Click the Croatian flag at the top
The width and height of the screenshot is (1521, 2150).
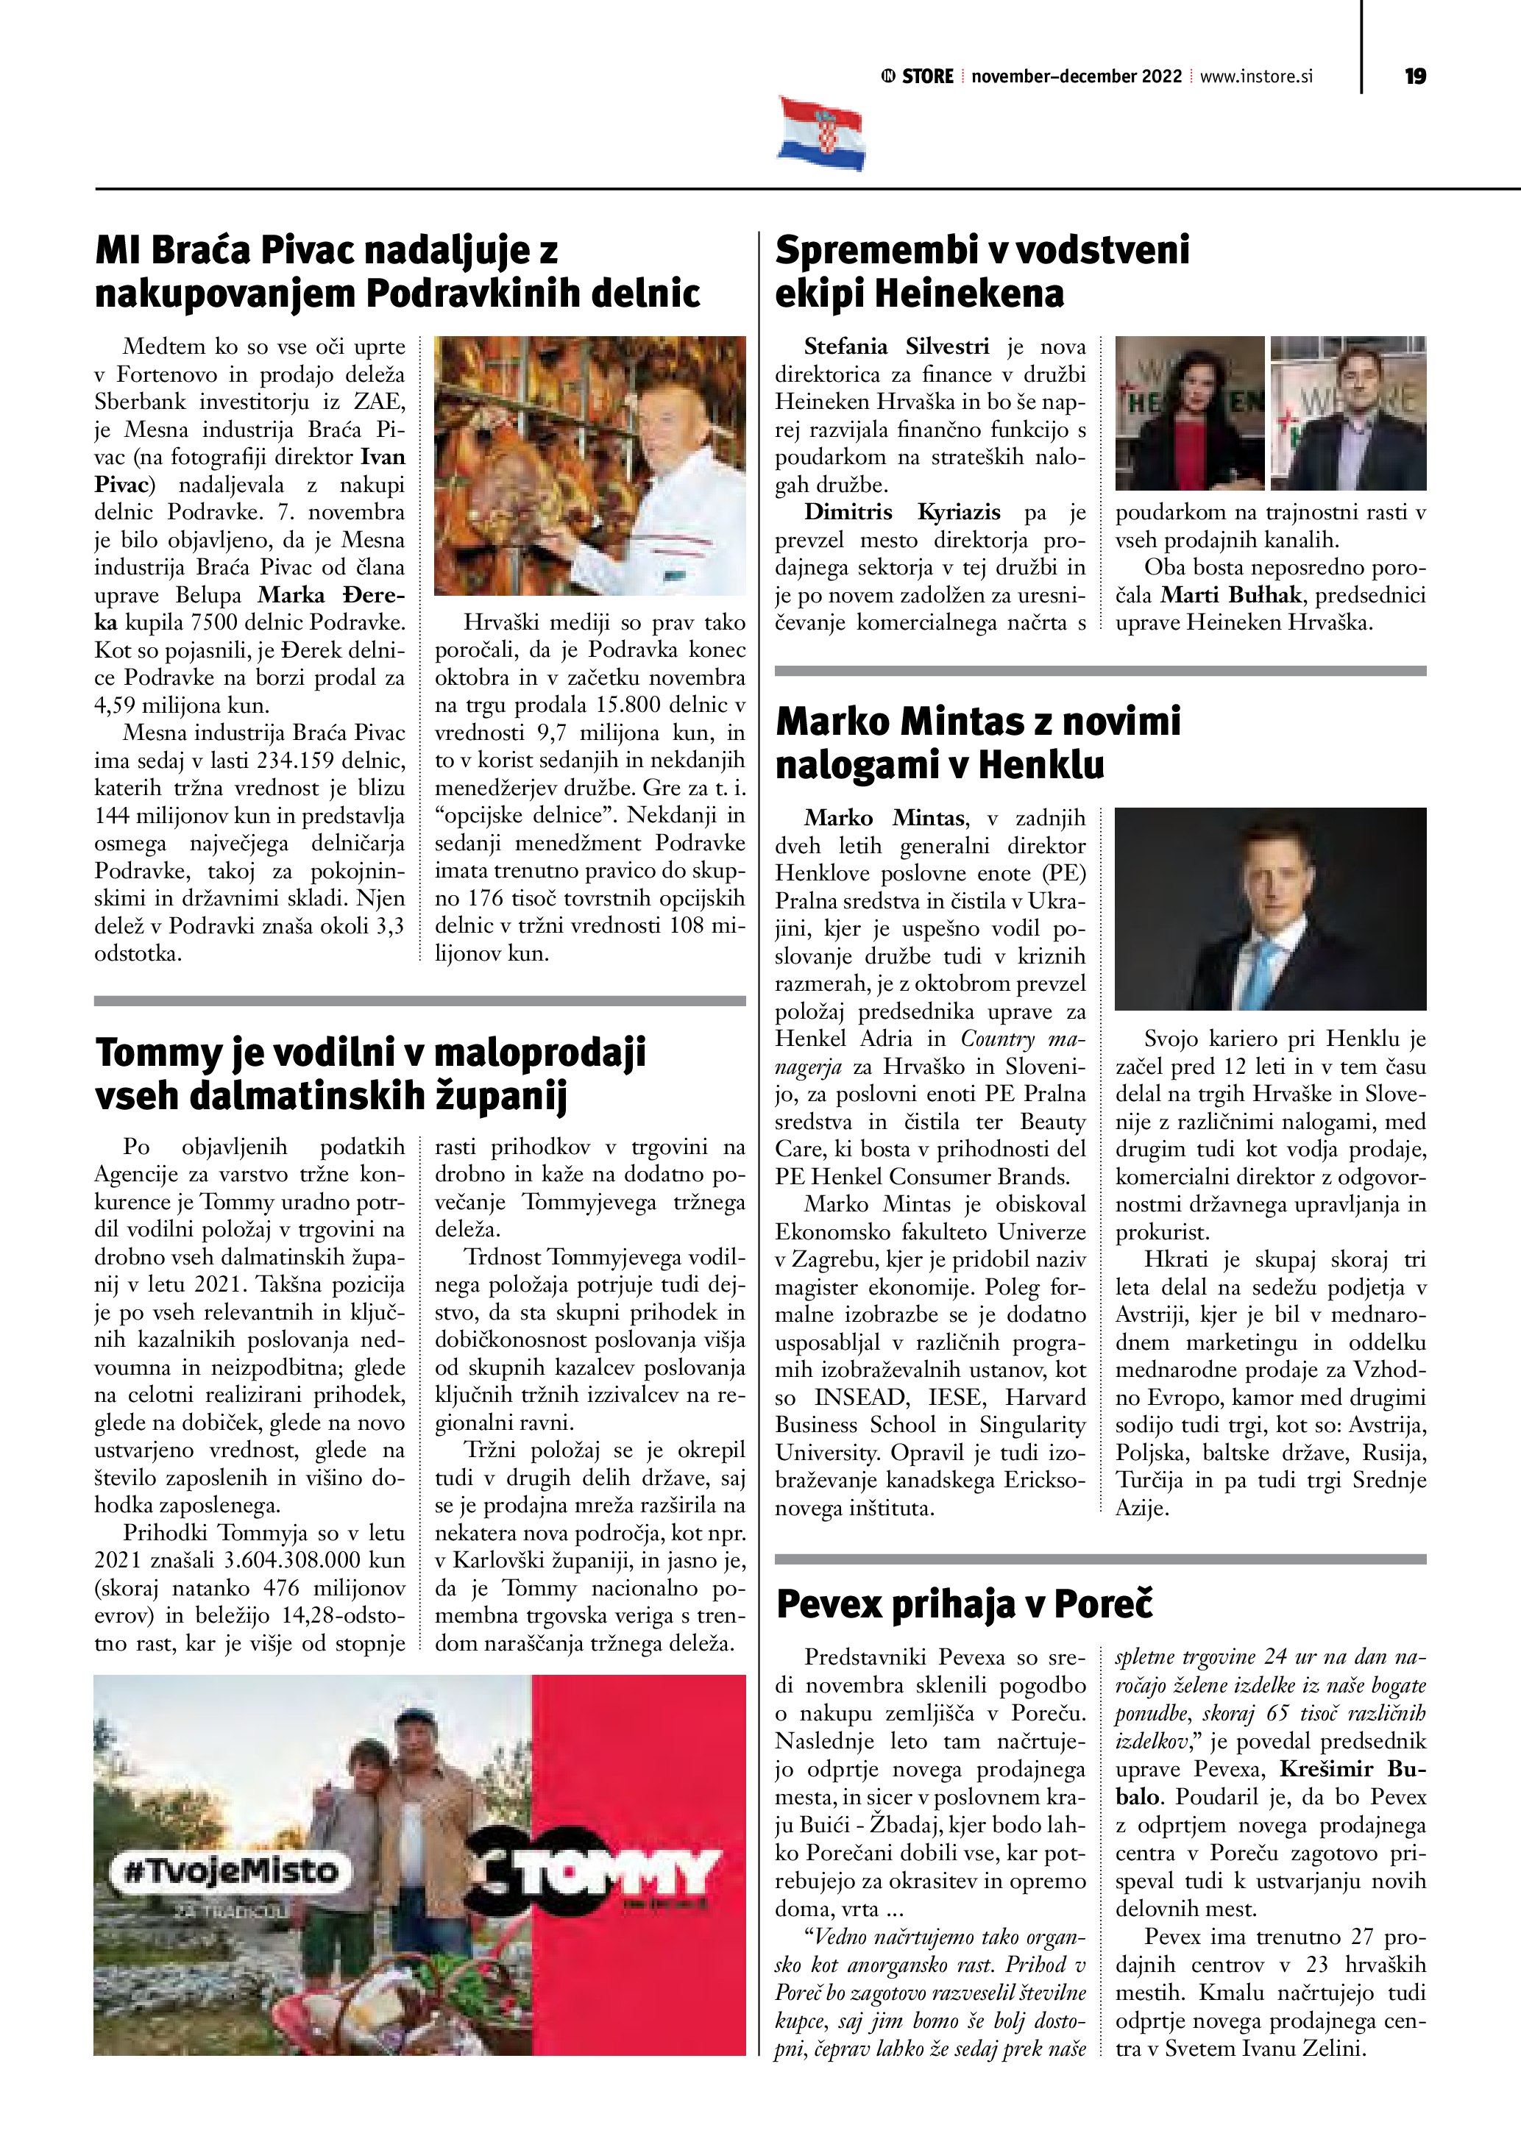pos(820,134)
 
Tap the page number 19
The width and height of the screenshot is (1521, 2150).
pos(1414,76)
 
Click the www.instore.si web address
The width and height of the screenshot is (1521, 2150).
pos(1256,76)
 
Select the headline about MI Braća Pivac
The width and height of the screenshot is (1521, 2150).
pos(397,271)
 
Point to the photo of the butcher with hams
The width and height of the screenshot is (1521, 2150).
pos(590,466)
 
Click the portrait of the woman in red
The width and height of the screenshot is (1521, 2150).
pos(1188,414)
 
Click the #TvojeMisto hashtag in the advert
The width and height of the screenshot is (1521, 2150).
pos(229,1871)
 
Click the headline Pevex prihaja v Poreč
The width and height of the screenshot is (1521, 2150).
pos(964,1604)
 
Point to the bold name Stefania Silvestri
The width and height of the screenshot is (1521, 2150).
pos(896,346)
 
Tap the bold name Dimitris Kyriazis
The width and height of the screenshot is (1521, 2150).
pos(902,512)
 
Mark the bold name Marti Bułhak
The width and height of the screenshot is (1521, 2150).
pos(1230,594)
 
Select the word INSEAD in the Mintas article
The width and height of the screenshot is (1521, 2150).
pos(861,1397)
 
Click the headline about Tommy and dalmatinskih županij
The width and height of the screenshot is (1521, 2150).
pos(371,1073)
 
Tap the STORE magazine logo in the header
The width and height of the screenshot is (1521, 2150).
pos(918,76)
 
